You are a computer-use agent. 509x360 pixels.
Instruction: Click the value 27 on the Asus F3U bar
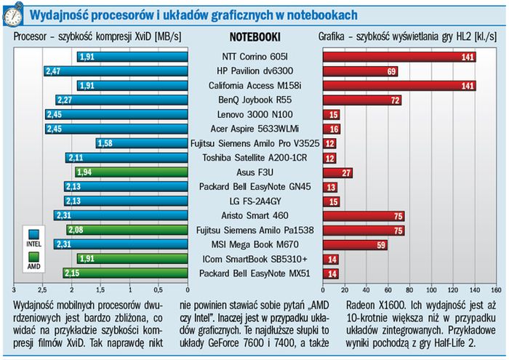[347, 172]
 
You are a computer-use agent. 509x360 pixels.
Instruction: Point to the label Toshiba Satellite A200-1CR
[254, 158]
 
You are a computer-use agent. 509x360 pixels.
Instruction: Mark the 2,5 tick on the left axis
[42, 288]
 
